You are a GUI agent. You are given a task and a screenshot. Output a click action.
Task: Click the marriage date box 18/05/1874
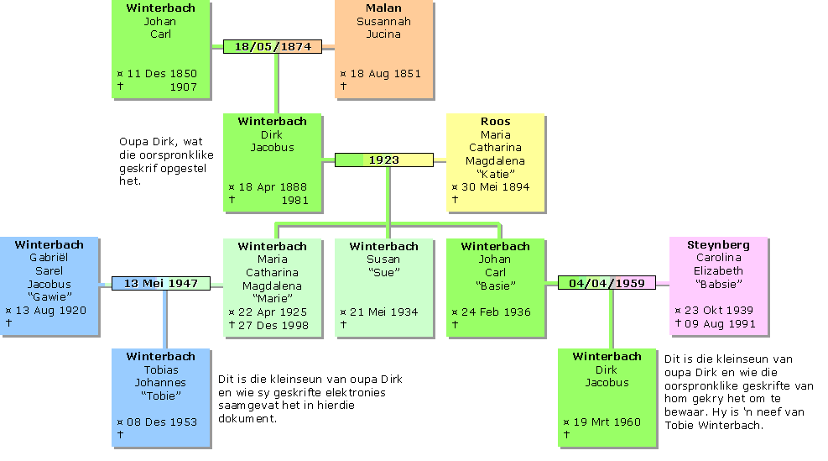[273, 47]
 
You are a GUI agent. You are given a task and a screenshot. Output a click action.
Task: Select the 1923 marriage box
[383, 160]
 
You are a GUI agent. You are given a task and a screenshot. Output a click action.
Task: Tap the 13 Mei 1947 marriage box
[161, 284]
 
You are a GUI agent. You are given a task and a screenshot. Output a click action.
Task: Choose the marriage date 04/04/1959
[607, 284]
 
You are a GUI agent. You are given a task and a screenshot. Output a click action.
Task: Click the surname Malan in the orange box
[383, 8]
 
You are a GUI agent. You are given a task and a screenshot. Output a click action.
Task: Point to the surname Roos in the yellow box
[495, 122]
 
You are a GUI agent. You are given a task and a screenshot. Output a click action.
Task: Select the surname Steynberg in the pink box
[718, 245]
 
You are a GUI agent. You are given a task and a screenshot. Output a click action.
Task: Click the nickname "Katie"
[495, 174]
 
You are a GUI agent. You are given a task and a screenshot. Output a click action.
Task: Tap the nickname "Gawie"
[49, 297]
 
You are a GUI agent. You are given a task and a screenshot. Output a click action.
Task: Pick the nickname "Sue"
[383, 272]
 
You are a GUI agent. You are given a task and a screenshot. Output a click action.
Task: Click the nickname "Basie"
[495, 285]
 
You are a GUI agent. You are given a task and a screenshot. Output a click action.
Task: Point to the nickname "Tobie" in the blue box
[161, 396]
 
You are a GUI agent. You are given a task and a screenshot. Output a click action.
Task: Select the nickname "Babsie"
[718, 285]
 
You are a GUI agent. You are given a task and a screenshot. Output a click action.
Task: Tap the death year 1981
[294, 201]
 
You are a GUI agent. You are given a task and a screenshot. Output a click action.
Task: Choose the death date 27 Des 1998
[273, 325]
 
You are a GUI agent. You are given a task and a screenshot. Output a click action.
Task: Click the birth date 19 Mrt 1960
[608, 422]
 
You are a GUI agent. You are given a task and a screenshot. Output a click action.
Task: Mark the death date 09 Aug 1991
[719, 324]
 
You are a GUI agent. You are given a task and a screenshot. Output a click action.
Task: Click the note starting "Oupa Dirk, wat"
[166, 161]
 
